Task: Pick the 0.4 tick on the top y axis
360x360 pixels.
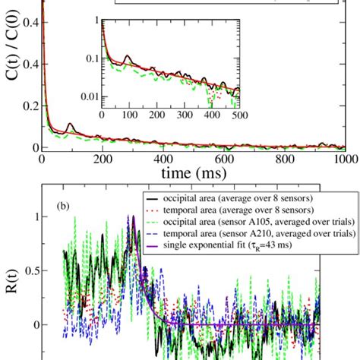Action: pyautogui.click(x=29, y=25)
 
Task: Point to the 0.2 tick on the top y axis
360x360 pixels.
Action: pyautogui.click(x=29, y=86)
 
